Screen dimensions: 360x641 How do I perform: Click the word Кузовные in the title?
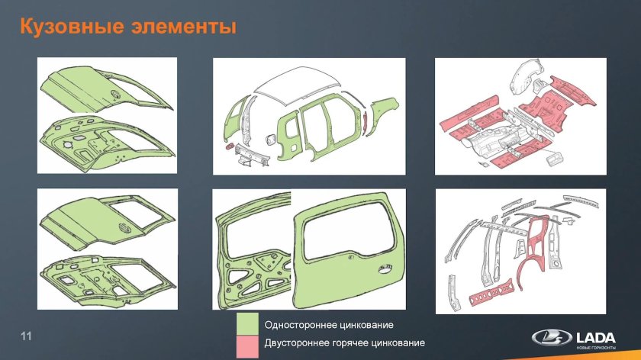66,27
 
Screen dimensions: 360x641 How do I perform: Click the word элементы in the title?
176,27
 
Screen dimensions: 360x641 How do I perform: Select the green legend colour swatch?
247,323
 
